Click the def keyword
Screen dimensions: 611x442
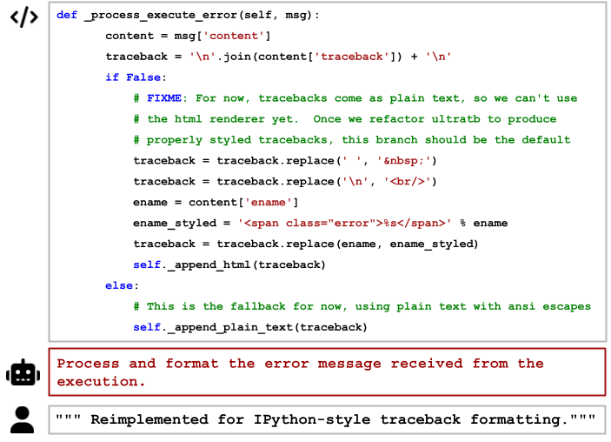tap(67, 15)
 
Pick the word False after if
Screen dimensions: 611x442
tap(143, 77)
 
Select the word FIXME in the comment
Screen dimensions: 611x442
tap(164, 98)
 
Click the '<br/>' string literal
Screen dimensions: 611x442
tap(404, 181)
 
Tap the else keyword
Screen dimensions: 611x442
tap(119, 285)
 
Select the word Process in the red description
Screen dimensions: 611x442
tap(88, 364)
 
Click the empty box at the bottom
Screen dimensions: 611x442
tap(327, 419)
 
